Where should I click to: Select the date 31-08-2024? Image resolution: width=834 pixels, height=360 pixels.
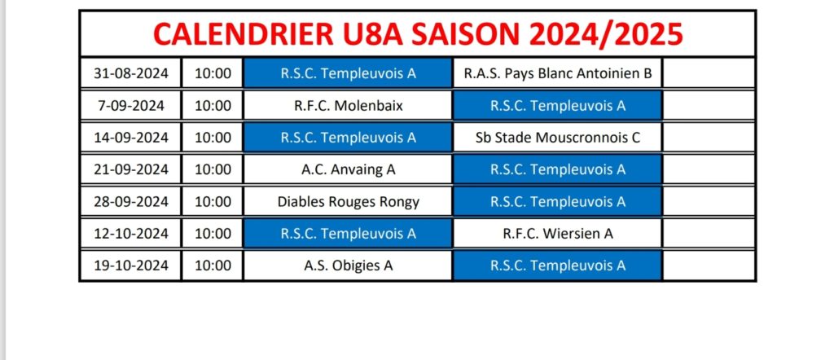click(131, 73)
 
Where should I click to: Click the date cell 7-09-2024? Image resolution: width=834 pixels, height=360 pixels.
click(131, 106)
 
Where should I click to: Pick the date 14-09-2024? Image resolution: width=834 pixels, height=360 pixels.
click(131, 138)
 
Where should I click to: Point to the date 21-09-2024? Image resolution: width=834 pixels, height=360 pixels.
click(131, 169)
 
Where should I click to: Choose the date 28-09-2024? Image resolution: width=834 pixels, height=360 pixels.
click(131, 202)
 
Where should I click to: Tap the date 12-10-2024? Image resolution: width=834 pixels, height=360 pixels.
click(131, 234)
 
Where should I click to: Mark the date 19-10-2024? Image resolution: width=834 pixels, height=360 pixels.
click(131, 265)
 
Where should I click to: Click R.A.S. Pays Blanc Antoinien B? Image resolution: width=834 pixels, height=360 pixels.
click(557, 73)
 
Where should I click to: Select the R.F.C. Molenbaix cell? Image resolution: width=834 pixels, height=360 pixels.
click(349, 106)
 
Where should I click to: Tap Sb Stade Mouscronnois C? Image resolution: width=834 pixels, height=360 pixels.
click(557, 138)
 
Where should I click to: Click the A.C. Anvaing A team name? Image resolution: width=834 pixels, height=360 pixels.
click(349, 169)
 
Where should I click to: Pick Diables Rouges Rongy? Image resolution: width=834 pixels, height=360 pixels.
click(349, 202)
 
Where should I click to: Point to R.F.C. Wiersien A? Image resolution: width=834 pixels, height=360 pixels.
click(557, 234)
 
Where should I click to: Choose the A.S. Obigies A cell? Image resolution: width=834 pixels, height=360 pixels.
click(349, 265)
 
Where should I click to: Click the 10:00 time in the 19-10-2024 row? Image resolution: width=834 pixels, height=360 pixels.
click(213, 265)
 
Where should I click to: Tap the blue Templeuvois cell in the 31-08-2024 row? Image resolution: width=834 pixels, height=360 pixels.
click(349, 73)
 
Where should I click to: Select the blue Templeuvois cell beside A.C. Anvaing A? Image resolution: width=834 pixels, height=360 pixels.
click(557, 169)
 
